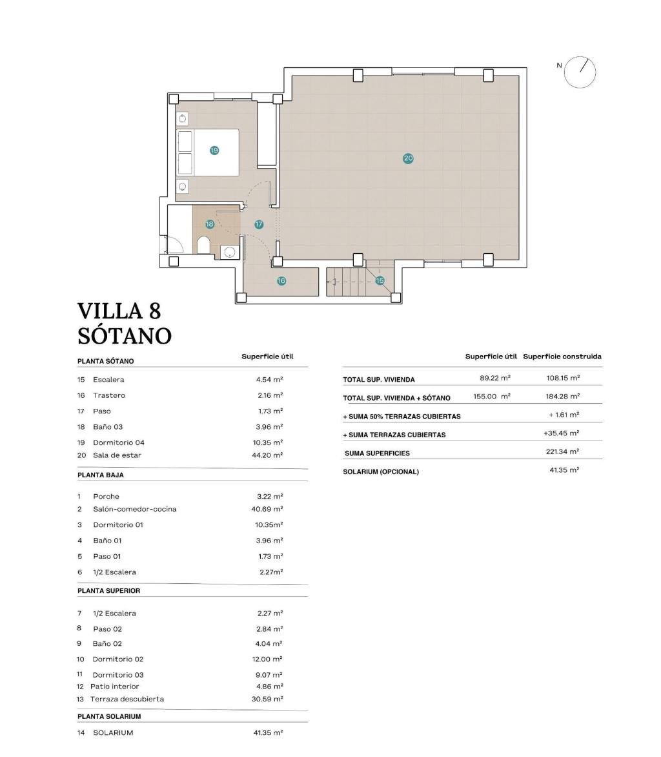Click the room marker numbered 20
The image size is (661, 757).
(x=408, y=158)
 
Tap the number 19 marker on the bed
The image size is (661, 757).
(x=214, y=150)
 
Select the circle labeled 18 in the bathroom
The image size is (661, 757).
(x=210, y=225)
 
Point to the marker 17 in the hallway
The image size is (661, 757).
(x=259, y=225)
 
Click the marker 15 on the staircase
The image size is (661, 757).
(x=380, y=280)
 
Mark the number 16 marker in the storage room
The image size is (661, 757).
(x=281, y=281)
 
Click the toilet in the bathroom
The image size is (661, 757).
(x=203, y=245)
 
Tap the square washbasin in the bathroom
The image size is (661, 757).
(x=229, y=252)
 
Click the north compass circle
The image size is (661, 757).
(x=580, y=71)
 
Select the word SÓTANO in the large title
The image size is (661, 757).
(x=125, y=336)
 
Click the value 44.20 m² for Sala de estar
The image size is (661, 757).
(x=270, y=455)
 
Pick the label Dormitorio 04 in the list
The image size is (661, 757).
(x=119, y=442)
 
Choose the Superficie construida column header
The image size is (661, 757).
(x=562, y=357)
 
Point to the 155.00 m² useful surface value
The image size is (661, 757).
(x=492, y=397)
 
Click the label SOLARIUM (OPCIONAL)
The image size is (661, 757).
(x=381, y=472)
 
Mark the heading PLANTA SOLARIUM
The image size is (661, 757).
(x=109, y=716)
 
